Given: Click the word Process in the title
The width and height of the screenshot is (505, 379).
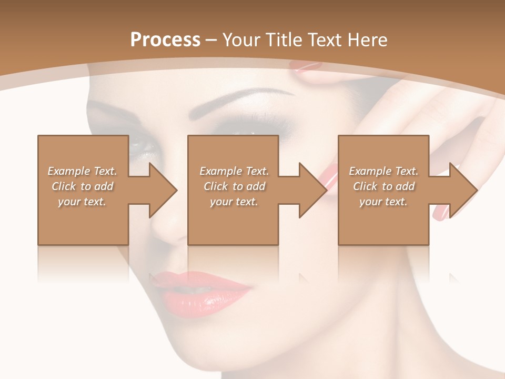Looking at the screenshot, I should click(x=165, y=40).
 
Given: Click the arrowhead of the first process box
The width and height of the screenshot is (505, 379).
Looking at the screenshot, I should click(x=163, y=190).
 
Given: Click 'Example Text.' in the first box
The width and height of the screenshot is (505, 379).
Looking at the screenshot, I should click(x=82, y=171).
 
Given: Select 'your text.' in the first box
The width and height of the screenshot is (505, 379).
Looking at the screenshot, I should click(x=82, y=202).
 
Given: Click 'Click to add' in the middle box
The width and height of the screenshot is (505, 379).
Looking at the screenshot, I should click(x=234, y=186).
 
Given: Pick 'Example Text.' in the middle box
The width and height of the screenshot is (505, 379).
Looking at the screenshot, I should click(x=234, y=171).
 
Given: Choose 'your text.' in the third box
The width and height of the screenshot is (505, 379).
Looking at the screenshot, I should click(x=383, y=202).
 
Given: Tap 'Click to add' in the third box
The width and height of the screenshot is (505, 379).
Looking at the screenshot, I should click(x=383, y=186).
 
